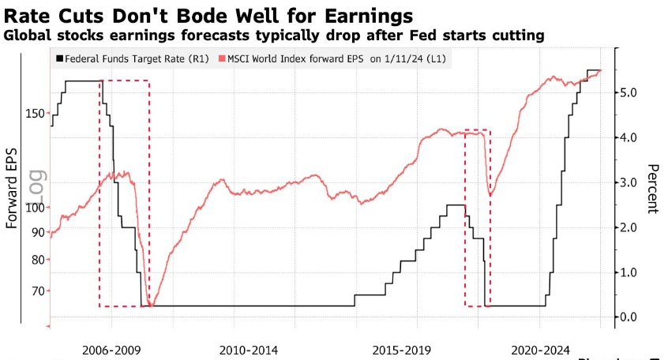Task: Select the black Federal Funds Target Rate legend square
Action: pyautogui.click(x=59, y=58)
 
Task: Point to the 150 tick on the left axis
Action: pyautogui.click(x=34, y=114)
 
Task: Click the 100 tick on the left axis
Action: pyautogui.click(x=34, y=208)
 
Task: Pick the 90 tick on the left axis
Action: pyautogui.click(x=37, y=232)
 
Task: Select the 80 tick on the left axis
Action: pyautogui.click(x=37, y=260)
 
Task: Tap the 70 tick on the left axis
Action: pyautogui.click(x=37, y=291)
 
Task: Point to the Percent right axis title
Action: pyautogui.click(x=652, y=189)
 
